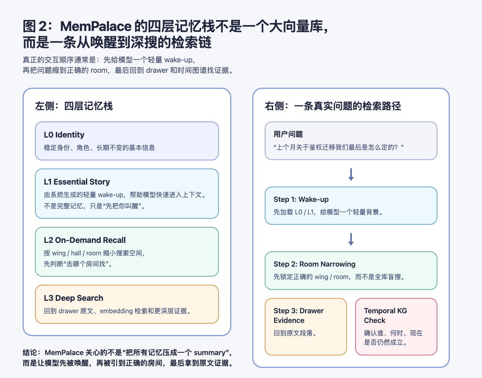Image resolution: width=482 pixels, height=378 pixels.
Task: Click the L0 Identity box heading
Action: click(64, 135)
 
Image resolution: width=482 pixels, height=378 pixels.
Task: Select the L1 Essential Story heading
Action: click(77, 182)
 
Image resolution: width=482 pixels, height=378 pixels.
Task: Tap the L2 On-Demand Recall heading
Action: click(85, 240)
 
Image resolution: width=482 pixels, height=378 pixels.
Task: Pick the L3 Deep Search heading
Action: click(74, 298)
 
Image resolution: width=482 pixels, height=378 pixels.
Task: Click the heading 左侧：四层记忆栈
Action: click(74, 106)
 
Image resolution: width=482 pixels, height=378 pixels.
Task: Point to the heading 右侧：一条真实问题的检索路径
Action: click(333, 106)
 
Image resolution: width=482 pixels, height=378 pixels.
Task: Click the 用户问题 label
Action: click(288, 134)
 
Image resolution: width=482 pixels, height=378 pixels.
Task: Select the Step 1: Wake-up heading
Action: click(301, 199)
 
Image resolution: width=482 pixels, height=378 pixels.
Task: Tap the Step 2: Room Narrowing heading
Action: click(315, 264)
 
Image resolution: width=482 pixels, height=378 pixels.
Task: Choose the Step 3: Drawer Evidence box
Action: click(306, 327)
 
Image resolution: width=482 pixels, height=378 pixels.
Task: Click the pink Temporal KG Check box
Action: click(396, 327)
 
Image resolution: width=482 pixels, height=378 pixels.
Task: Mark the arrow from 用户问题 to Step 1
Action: click(351, 174)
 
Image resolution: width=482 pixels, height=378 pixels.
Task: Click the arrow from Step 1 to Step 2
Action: click(351, 239)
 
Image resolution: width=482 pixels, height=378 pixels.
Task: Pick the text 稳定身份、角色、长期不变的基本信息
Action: click(99, 148)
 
